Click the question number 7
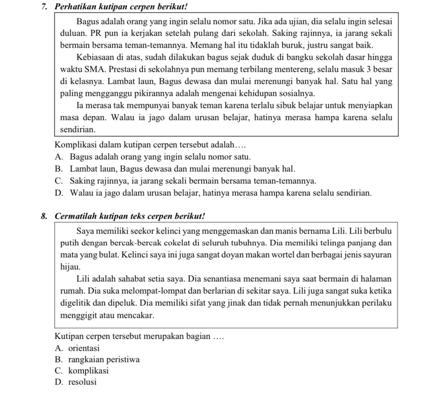click(44, 7)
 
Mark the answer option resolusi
click(82, 382)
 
